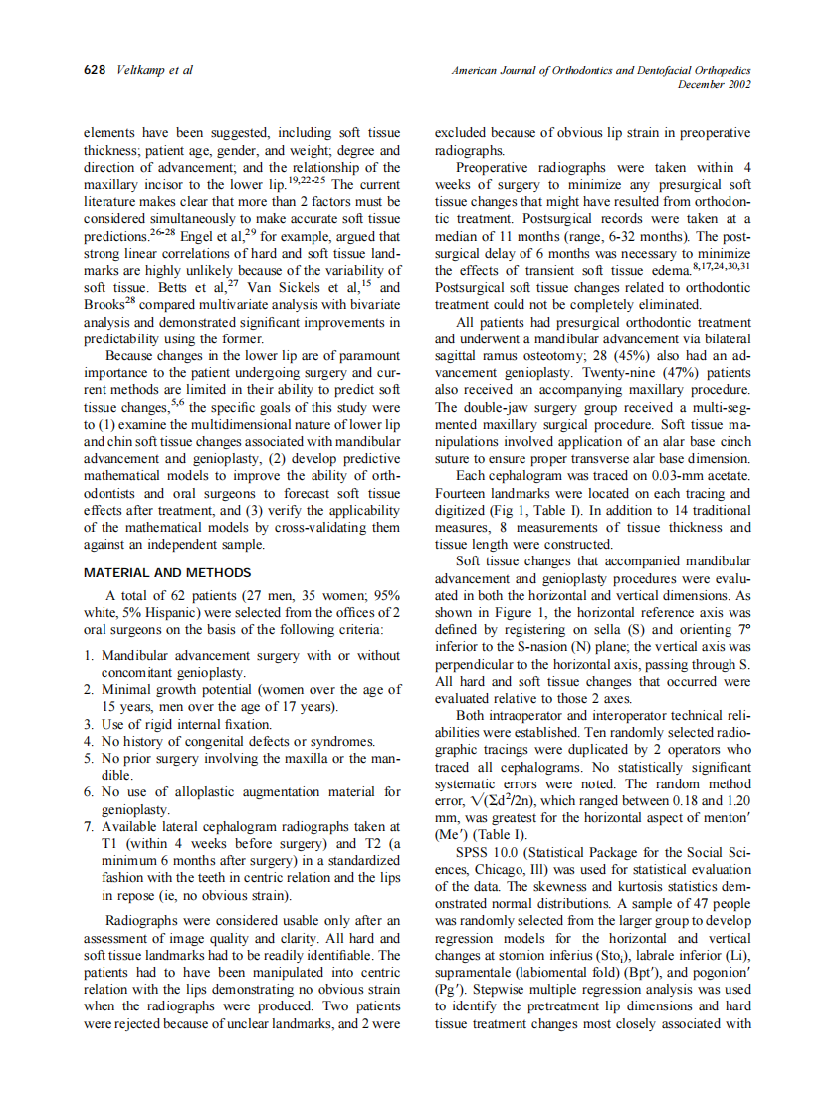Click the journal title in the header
[600, 71]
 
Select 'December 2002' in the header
[714, 85]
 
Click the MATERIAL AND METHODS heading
[167, 573]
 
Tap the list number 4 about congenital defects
[90, 741]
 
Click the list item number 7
[90, 826]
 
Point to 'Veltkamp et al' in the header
[154, 71]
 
